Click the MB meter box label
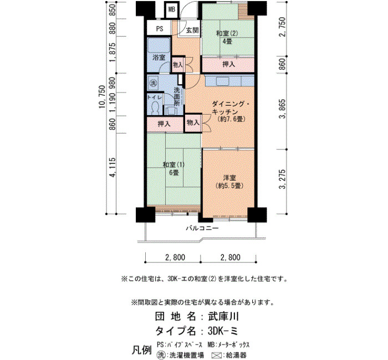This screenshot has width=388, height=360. click(x=172, y=9)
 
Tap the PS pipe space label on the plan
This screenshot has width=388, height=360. click(x=160, y=29)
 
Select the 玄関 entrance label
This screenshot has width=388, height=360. click(x=192, y=30)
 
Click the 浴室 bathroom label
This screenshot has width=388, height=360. click(x=159, y=58)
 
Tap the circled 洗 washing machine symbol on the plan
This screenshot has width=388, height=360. click(x=154, y=83)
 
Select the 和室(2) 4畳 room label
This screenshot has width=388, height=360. click(x=227, y=37)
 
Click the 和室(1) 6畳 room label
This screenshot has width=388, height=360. click(x=173, y=168)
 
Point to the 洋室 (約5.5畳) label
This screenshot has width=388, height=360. click(x=229, y=182)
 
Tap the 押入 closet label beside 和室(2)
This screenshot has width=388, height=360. click(x=228, y=64)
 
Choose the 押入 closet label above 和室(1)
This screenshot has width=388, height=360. click(x=164, y=124)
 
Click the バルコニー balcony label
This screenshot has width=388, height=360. click(x=202, y=228)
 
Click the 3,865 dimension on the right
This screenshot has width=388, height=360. click(x=282, y=109)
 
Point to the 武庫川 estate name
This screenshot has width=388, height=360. click(x=223, y=316)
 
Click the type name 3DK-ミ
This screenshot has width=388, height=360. click(x=223, y=331)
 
